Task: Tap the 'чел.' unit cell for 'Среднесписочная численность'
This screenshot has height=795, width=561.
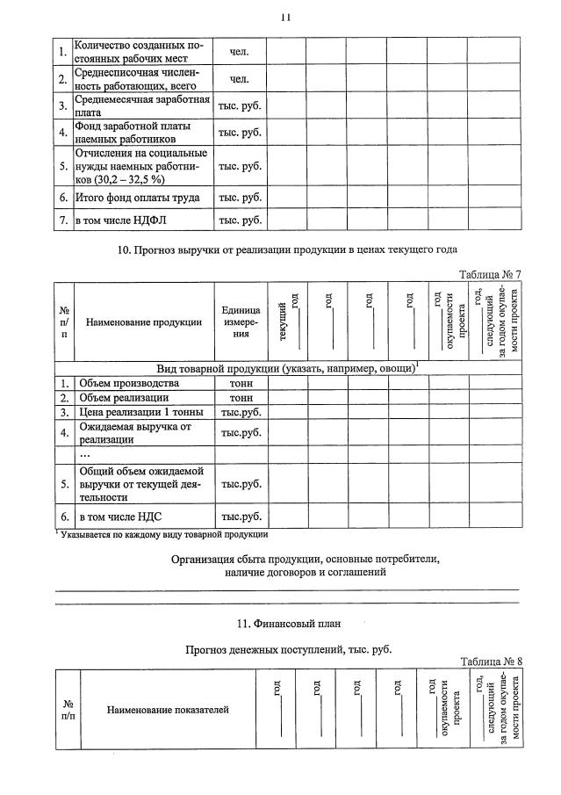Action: pyautogui.click(x=240, y=80)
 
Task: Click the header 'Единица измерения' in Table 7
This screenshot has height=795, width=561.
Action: pyautogui.click(x=241, y=322)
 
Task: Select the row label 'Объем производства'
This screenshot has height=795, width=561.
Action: pyautogui.click(x=129, y=383)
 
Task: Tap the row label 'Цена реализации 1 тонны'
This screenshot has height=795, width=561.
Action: pyautogui.click(x=140, y=412)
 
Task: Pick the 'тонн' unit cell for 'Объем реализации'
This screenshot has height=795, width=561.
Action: pyautogui.click(x=241, y=398)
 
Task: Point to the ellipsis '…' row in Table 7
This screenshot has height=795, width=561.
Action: pyautogui.click(x=85, y=454)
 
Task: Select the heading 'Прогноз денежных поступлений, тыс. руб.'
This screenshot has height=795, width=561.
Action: pyautogui.click(x=288, y=650)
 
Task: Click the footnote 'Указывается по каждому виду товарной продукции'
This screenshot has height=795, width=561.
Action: pyautogui.click(x=164, y=533)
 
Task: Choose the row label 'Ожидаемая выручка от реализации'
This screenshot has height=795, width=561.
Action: pyautogui.click(x=134, y=432)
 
